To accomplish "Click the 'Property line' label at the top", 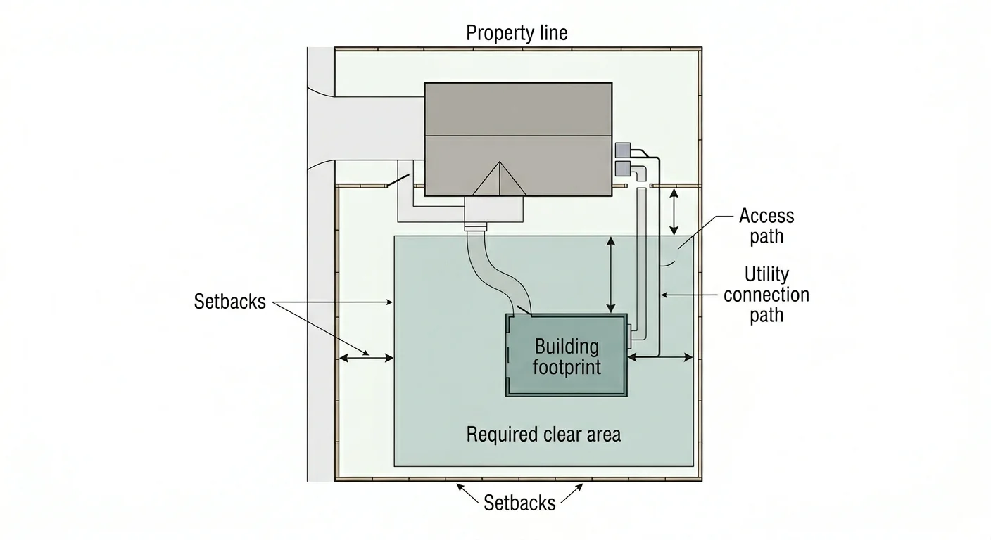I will pos(517,33).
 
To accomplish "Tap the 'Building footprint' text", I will pos(567,356).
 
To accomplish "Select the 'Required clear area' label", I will pos(543,435).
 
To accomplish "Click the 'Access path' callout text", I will pos(766,226).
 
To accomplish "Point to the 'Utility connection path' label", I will pos(766,294).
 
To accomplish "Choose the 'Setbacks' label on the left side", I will pos(229,302).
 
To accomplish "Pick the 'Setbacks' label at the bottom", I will pos(519,503).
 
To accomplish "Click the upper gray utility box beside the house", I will pos(623,150).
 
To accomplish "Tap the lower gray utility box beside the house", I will pos(623,168).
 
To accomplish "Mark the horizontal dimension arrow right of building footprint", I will pos(659,358).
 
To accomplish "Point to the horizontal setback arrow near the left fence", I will pos(366,358).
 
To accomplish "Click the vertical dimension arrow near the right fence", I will pos(674,211).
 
